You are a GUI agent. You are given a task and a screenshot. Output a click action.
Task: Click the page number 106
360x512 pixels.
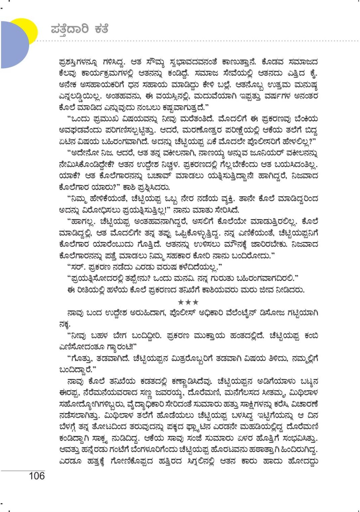[x=36, y=476]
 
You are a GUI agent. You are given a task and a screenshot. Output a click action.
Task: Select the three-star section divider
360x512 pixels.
[x=188, y=302]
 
